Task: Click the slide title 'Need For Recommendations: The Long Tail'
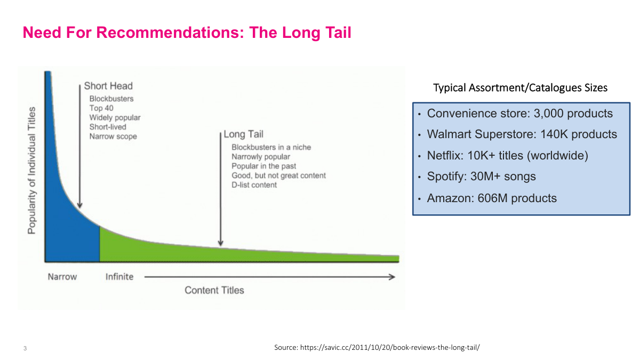(187, 33)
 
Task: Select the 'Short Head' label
(108, 86)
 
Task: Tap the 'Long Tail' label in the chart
(243, 134)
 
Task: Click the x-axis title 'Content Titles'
(214, 290)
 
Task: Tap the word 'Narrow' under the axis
(62, 277)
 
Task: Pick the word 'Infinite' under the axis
(119, 277)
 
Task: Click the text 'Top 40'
(101, 108)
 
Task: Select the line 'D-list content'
(254, 185)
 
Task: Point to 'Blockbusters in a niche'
(271, 147)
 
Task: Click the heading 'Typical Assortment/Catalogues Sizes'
(520, 88)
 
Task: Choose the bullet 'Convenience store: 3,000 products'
(520, 114)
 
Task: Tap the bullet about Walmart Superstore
(522, 134)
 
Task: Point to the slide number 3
(25, 349)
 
